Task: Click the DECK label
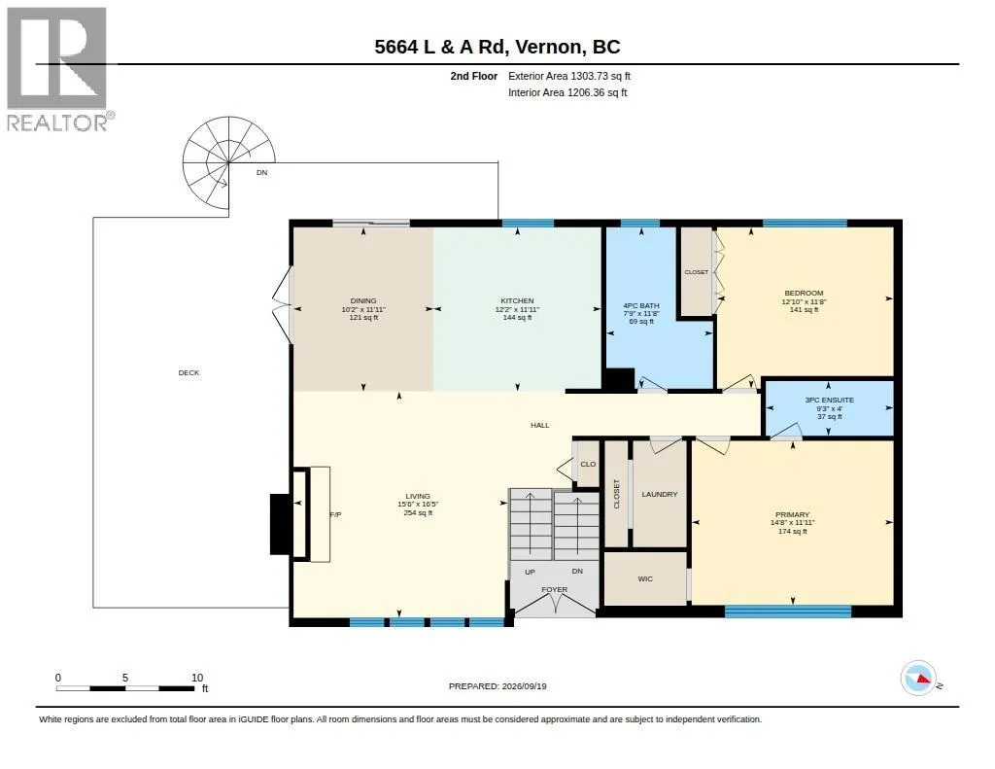click(x=189, y=372)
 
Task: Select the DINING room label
click(x=363, y=300)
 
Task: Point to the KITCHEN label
click(x=517, y=300)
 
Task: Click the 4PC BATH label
click(x=641, y=305)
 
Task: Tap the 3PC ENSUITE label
click(x=830, y=401)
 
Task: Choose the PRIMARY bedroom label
click(x=793, y=514)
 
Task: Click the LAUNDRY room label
click(x=660, y=494)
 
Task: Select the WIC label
click(x=645, y=578)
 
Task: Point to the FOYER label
click(x=554, y=589)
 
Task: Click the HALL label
click(x=540, y=425)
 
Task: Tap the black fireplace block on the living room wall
click(x=281, y=524)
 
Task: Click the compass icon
click(x=918, y=679)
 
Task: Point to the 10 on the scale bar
click(x=197, y=678)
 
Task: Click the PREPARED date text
click(x=497, y=685)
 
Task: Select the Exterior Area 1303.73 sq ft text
click(x=569, y=76)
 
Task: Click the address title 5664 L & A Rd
click(x=439, y=47)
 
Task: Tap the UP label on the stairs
click(x=530, y=572)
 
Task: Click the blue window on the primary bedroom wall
click(x=787, y=612)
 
